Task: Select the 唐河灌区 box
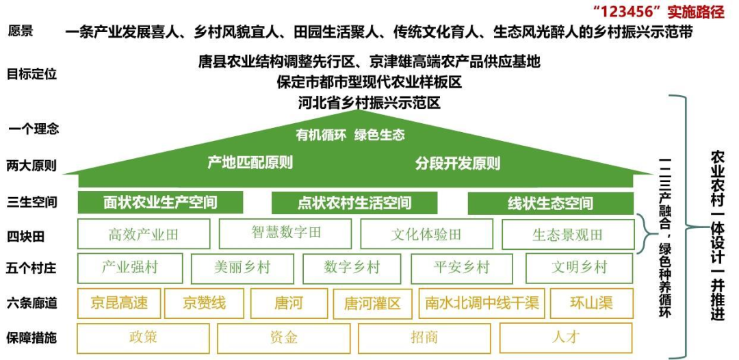click(372, 303)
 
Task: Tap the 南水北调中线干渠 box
click(481, 303)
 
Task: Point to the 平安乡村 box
click(462, 268)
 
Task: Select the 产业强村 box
click(130, 268)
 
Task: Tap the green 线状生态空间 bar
click(550, 203)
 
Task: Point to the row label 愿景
click(21, 31)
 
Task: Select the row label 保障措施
click(32, 337)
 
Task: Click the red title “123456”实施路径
click(659, 12)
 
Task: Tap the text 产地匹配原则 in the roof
click(250, 163)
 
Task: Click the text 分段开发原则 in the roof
click(457, 164)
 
